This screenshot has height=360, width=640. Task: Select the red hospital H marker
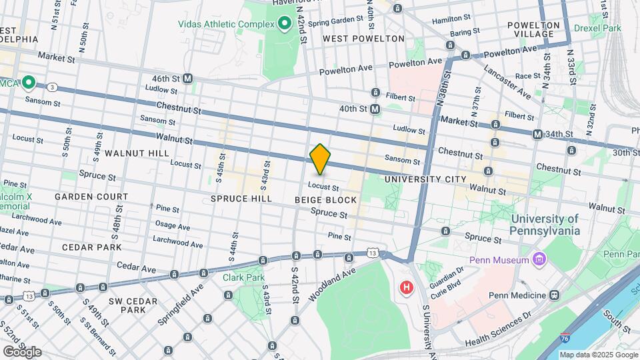[405, 288]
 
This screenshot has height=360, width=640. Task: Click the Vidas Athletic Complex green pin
[285, 24]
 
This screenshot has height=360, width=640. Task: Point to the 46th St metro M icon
[188, 78]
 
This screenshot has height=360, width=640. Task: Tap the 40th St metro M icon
[375, 108]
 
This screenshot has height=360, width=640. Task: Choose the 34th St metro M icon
[537, 135]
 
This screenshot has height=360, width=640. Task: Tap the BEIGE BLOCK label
[325, 200]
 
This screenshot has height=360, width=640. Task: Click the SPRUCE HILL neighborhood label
[241, 199]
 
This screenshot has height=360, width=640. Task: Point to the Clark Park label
[243, 277]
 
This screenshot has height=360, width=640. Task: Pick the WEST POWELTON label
[363, 39]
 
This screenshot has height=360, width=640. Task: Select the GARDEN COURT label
[91, 197]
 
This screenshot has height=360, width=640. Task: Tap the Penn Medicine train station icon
[554, 295]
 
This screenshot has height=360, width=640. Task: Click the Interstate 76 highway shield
[546, 339]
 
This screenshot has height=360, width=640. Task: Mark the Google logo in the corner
[22, 351]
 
